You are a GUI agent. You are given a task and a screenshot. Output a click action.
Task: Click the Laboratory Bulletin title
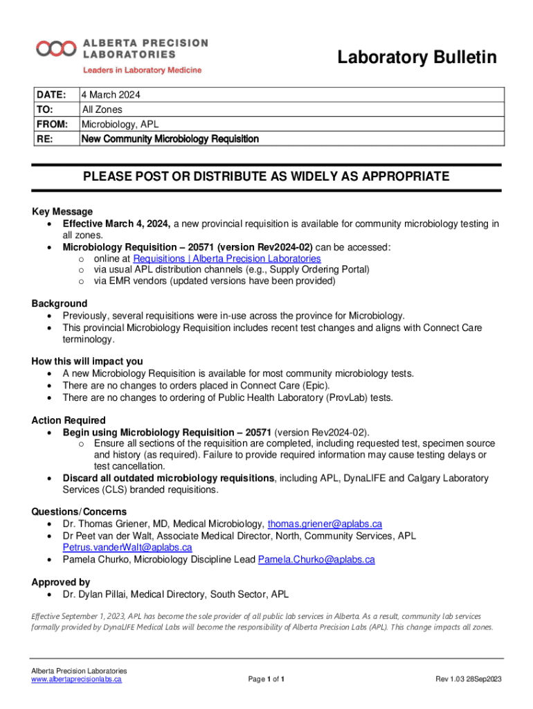[x=417, y=58]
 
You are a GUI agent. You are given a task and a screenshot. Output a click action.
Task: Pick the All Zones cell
[x=102, y=109]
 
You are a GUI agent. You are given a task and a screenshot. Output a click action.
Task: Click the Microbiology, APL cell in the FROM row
[x=120, y=124]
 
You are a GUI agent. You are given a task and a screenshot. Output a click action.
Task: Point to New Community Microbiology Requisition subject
[x=170, y=139]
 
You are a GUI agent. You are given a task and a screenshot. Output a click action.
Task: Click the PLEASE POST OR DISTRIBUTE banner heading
[x=266, y=177]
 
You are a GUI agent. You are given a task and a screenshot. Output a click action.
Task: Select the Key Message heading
[x=62, y=211]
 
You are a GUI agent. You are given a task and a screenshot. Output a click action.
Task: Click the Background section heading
[x=60, y=303]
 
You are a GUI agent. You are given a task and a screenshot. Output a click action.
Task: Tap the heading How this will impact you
[x=87, y=361]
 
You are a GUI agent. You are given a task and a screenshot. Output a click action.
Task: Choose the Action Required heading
[x=69, y=420]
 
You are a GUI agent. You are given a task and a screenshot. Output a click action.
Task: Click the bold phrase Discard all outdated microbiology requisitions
[x=168, y=478]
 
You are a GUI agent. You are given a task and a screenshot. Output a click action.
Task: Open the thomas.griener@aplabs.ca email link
[x=325, y=523]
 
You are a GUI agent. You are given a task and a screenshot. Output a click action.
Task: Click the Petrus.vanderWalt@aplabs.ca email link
[x=127, y=547]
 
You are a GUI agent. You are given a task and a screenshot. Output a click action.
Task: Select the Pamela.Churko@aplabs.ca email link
[x=316, y=559]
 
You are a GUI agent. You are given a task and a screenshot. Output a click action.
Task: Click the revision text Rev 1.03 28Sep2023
[x=467, y=679]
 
